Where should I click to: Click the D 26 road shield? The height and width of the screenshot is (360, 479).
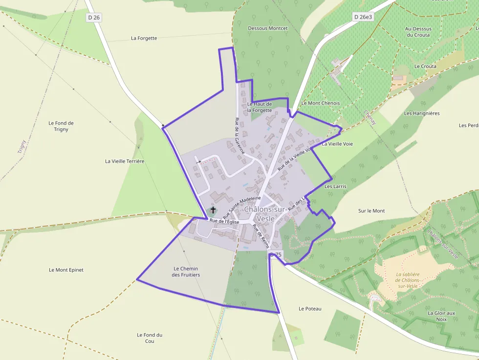[x=94, y=18]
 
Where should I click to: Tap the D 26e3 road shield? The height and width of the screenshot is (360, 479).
[x=363, y=17]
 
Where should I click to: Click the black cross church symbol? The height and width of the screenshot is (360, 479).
[x=213, y=210]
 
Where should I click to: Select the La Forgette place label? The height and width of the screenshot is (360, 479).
[x=144, y=38]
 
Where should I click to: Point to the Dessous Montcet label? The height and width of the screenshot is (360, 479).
[x=268, y=28]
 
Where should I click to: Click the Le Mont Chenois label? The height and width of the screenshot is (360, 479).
[x=321, y=103]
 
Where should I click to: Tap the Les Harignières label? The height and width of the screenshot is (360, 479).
[x=422, y=113]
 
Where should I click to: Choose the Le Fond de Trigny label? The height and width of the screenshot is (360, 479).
[x=61, y=126]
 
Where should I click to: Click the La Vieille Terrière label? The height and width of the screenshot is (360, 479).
[x=125, y=161]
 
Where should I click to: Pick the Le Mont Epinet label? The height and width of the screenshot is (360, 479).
[x=66, y=270]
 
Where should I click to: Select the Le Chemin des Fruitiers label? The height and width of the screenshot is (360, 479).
[x=186, y=272]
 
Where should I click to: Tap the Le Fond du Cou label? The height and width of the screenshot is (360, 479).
[x=150, y=338]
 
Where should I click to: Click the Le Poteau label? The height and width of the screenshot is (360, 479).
[x=310, y=309]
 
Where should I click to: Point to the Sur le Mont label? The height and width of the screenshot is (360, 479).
[x=371, y=211]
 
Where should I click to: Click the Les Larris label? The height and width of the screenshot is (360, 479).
[x=335, y=187]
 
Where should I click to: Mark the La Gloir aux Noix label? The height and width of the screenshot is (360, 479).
[x=441, y=316]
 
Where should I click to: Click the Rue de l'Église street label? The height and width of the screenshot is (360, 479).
[x=224, y=222]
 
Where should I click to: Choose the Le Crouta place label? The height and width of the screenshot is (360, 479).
[x=425, y=66]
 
